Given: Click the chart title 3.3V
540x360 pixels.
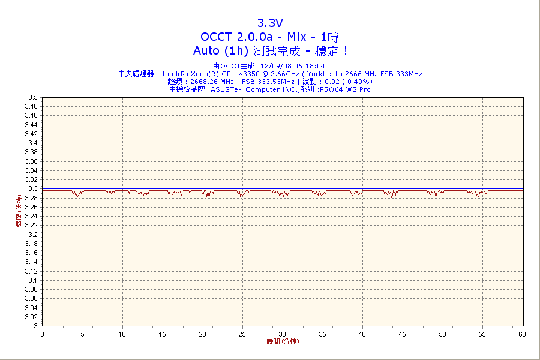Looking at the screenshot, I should pos(270,23).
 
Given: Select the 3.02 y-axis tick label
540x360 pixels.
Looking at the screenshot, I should pos(32,317).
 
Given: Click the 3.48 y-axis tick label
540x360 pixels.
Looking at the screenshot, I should pos(32,106).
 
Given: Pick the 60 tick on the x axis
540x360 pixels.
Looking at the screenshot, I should pos(522,334).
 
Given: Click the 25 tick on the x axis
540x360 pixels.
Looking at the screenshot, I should pos(242,334).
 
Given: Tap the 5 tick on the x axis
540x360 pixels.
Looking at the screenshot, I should pos(82,334).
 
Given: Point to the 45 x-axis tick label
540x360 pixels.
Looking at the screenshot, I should pos(402,334).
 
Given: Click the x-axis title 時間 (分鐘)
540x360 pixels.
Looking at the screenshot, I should pos(283,341).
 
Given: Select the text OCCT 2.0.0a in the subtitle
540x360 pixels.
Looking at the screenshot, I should pos(235,37).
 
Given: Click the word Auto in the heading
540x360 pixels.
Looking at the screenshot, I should pos(208,51).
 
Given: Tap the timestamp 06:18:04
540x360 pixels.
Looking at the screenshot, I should pos(309,66).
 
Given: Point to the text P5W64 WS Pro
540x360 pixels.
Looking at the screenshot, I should pos(345,89).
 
